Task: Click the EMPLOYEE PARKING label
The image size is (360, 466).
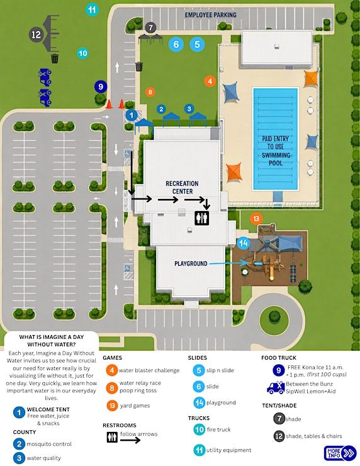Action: (211, 15)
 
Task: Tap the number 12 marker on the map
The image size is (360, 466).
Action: (37, 35)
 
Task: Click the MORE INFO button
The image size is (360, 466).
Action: (340, 453)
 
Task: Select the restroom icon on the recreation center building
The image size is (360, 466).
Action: (201, 218)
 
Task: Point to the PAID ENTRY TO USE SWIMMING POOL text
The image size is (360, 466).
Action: (276, 151)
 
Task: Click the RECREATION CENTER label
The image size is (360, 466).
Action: (182, 187)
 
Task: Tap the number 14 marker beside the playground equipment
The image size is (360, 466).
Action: (244, 243)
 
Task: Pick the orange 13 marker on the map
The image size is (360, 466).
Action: (256, 219)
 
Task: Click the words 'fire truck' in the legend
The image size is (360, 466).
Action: (218, 429)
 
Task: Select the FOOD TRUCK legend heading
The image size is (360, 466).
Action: (279, 358)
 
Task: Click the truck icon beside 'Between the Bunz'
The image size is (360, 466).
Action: (275, 387)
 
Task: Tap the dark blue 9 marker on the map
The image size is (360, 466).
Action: (101, 87)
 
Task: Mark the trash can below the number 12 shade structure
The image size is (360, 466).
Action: (55, 59)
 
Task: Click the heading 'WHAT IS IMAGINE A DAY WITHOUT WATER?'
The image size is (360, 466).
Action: (52, 341)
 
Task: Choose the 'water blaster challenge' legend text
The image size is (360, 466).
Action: (149, 370)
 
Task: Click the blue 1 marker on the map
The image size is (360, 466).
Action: (132, 115)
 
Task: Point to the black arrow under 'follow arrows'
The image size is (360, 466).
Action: (130, 440)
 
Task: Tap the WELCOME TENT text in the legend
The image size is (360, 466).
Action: (48, 409)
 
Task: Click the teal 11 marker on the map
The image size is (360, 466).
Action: (92, 10)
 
